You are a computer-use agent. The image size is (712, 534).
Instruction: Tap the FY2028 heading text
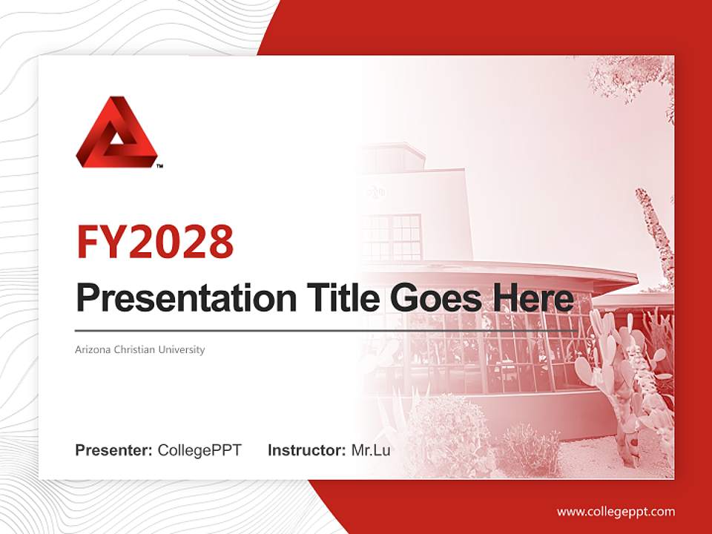(155, 241)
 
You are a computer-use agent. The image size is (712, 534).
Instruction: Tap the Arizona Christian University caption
(139, 349)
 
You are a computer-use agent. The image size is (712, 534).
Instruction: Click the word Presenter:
(114, 450)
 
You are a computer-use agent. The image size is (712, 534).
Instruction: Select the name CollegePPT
(200, 450)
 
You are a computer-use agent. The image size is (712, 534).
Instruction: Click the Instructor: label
(306, 450)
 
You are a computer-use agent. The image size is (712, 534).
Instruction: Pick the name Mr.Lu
(370, 450)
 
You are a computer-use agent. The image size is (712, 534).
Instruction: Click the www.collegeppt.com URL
(616, 511)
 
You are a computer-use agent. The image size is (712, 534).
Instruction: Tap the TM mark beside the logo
(159, 166)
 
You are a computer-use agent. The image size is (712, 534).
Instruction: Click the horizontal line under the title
(326, 331)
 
